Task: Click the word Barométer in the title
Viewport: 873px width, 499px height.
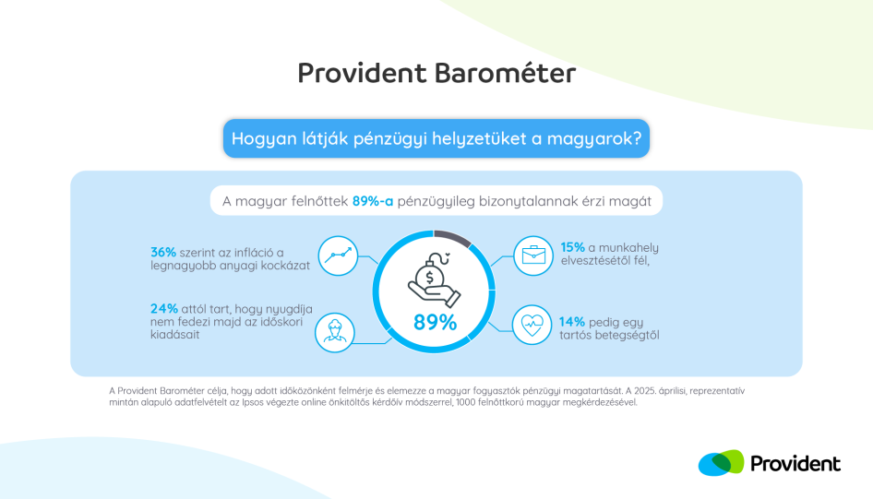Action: [505, 73]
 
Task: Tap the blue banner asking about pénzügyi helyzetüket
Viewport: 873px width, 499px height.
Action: [436, 138]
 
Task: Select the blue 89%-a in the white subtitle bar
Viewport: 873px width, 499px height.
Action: [373, 201]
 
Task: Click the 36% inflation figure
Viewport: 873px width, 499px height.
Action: [163, 253]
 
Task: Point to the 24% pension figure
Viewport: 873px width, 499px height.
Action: [164, 309]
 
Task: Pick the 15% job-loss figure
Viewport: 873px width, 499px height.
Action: [572, 247]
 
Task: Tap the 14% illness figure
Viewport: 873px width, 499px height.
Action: [572, 322]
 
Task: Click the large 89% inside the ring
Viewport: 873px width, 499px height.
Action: [435, 322]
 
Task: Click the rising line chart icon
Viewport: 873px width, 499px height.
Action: [338, 255]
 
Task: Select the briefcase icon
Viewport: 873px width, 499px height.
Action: [533, 255]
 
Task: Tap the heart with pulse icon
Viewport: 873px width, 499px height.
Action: [532, 325]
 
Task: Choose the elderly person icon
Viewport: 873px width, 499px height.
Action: [335, 333]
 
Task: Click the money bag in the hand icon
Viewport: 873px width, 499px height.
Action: [434, 279]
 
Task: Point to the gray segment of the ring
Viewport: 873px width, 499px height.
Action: [453, 236]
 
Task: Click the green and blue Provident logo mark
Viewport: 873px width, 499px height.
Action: [721, 463]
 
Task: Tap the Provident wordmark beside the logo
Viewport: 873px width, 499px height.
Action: [795, 463]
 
